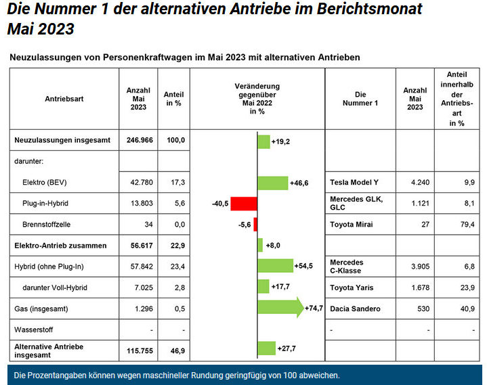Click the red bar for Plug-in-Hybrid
coord(245,204)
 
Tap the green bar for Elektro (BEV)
coord(272,183)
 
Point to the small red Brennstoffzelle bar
coord(255,225)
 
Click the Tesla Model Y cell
coord(355,183)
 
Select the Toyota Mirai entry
coord(352,225)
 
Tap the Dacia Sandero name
coord(356,309)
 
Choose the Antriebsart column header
coord(64,98)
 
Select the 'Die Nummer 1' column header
coord(360,98)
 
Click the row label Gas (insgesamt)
coord(42,309)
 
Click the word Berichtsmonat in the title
coord(373,9)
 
